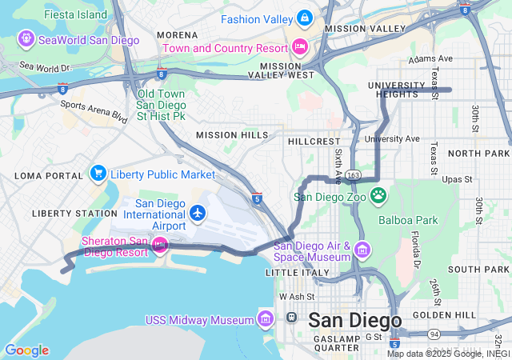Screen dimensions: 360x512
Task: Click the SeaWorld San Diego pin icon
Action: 26,38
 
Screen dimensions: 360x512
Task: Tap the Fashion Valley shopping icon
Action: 304,18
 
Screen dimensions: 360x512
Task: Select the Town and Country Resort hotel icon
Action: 300,46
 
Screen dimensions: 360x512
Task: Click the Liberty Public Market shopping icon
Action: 98,174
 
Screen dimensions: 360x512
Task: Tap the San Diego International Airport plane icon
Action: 198,214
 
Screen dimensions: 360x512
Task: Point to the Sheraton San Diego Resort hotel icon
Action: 159,244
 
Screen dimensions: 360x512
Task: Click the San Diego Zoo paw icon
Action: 378,194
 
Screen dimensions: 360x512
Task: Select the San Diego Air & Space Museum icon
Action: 362,250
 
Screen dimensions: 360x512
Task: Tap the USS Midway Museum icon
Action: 266,320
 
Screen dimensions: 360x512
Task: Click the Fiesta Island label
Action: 76,14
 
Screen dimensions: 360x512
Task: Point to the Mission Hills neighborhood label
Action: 232,135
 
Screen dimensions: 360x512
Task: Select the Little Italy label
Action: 297,273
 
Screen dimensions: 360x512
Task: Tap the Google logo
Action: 26,350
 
